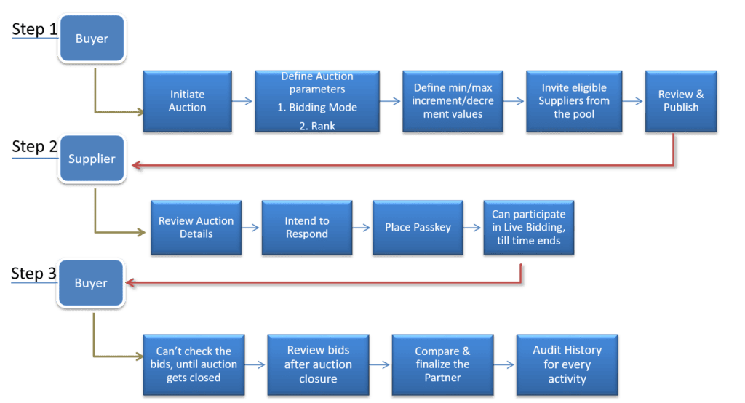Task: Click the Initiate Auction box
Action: pyautogui.click(x=188, y=101)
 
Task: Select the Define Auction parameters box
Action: pyautogui.click(x=317, y=101)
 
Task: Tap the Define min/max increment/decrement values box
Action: pyautogui.click(x=448, y=101)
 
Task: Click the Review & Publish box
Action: pyautogui.click(x=681, y=101)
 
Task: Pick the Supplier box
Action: pyautogui.click(x=92, y=159)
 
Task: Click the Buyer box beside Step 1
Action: pyautogui.click(x=92, y=39)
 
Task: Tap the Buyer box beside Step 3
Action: pyautogui.click(x=91, y=283)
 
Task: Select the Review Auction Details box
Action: pyautogui.click(x=196, y=228)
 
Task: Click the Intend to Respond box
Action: pyautogui.click(x=306, y=228)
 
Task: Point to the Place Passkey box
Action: pyautogui.click(x=418, y=228)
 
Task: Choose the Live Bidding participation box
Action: pyautogui.click(x=529, y=228)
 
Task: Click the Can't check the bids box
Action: pyautogui.click(x=193, y=363)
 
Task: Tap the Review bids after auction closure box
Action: pyautogui.click(x=318, y=363)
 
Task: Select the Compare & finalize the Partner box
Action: pyautogui.click(x=442, y=363)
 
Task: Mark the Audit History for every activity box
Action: pyautogui.click(x=567, y=363)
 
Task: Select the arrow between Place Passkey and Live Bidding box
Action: pyautogui.click(x=473, y=228)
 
